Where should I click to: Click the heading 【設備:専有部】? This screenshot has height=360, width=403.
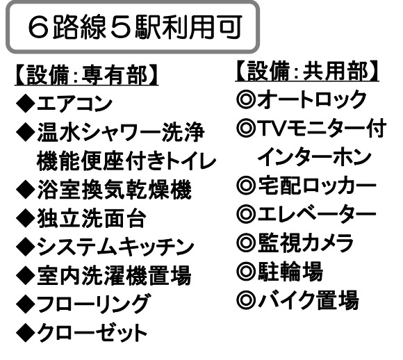pos(86,75)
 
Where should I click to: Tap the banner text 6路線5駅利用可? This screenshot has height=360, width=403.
pos(135,26)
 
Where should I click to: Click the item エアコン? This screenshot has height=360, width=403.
pos(75,104)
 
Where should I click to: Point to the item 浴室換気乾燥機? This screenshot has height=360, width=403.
pos(115,190)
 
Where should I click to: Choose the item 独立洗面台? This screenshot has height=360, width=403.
pos(92,218)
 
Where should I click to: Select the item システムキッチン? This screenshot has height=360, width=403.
pos(115,247)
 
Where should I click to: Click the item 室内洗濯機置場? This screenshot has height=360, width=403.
pos(115,276)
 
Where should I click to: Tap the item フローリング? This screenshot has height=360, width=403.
pos(93,304)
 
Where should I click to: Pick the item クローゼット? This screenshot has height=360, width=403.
pos(92,332)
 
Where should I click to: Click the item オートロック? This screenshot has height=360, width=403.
pos(312,99)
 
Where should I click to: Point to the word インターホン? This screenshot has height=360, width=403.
pos(314,157)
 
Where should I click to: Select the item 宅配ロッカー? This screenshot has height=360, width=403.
pos(317,185)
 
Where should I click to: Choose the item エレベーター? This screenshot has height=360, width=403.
pos(317,214)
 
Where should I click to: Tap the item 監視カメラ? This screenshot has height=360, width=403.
pos(306,243)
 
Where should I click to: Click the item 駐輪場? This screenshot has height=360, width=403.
pos(290,271)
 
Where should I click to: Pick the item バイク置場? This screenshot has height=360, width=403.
pos(309,300)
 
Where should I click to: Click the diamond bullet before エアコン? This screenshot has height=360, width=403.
pos(26,104)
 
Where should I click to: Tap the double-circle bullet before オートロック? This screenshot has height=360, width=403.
pos(246,99)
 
